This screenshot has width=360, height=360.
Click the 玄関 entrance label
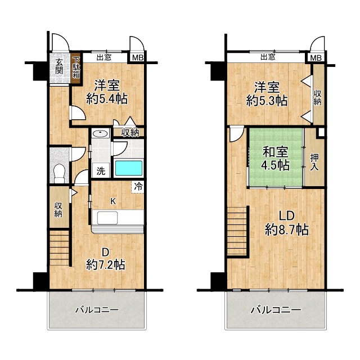tap(59, 66)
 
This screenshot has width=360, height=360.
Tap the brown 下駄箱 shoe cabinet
tap(76, 69)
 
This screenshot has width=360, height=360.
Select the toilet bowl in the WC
tap(60, 173)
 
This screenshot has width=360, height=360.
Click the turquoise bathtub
tap(129, 168)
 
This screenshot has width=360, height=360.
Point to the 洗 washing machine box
tap(101, 170)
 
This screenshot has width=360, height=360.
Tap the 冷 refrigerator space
tap(138, 187)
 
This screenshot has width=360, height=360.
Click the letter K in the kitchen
tap(112, 201)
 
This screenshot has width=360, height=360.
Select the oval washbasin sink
tap(100, 133)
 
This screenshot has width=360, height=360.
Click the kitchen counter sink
tap(107, 218)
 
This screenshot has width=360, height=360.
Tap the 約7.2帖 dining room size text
tap(106, 265)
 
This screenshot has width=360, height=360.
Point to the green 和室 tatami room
tap(276, 157)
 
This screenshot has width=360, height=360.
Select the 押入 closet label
tap(314, 163)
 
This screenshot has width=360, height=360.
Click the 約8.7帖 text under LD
tap(287, 229)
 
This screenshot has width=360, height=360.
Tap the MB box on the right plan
tap(316, 58)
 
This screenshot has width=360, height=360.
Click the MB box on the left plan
tap(138, 57)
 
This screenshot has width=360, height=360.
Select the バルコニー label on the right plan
tap(276, 310)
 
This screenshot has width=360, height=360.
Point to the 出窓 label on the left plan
tap(104, 57)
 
